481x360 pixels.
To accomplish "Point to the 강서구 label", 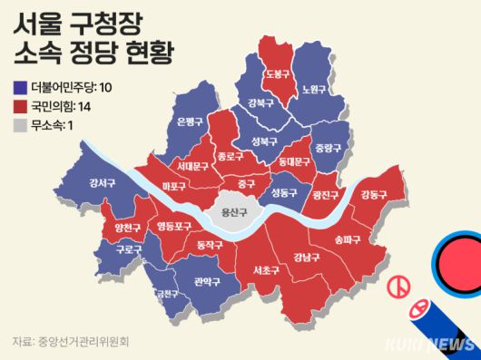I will point(102,183).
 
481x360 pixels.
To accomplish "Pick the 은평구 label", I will point(188,122).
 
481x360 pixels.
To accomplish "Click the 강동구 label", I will point(372,195).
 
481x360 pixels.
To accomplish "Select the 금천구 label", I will point(167,294).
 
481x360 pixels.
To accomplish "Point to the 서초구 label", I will point(266,270).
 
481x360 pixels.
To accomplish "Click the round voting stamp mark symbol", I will point(396,287).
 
